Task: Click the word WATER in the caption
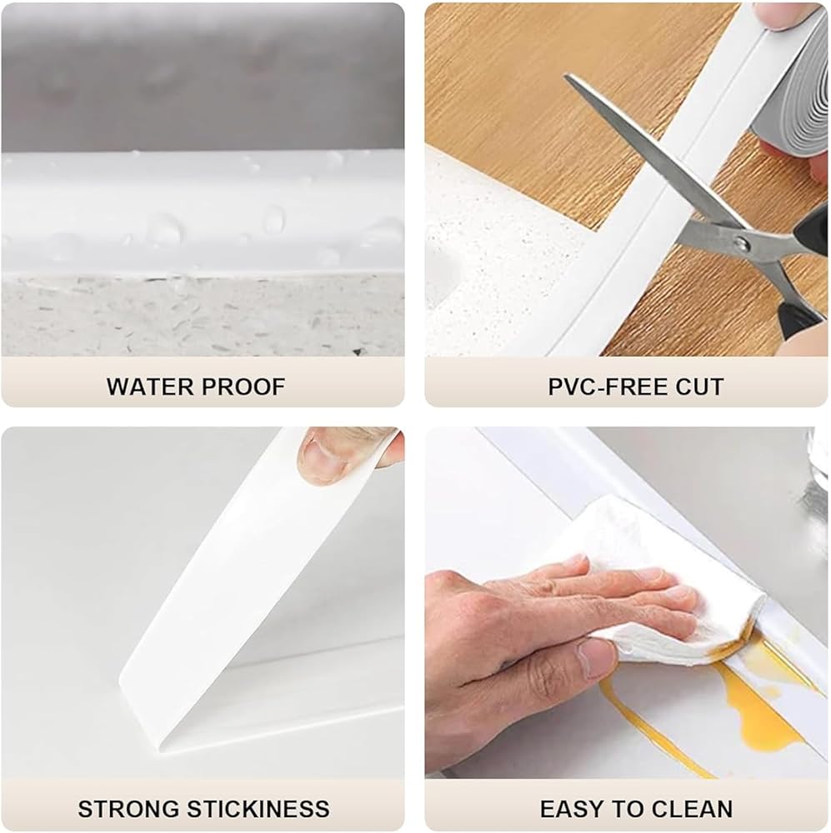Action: coord(149,387)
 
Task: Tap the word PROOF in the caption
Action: coord(243,387)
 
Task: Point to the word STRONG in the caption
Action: coord(128,809)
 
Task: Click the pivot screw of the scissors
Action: coord(741,244)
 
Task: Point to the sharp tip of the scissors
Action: coord(566,77)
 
